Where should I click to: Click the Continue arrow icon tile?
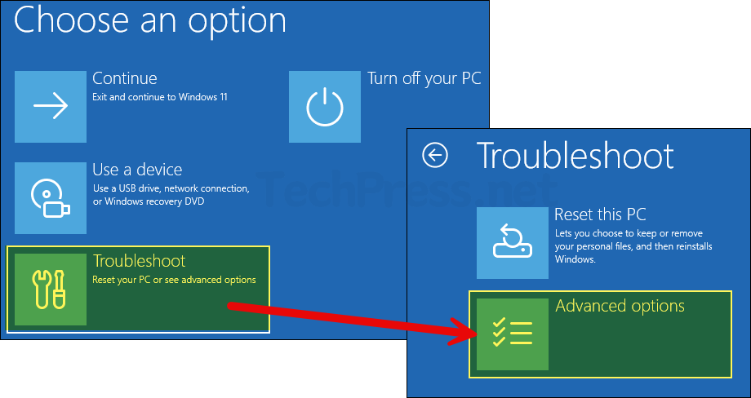50,107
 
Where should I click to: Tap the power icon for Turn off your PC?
324,107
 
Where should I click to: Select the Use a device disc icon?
50,198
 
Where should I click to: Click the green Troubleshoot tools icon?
50,290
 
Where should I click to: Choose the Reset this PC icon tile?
512,243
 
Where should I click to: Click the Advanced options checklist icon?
512,334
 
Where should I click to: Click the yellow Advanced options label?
620,306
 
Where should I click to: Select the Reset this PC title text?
600,215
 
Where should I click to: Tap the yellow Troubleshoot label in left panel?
139,261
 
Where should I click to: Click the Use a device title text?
137,170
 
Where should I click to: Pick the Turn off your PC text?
424,78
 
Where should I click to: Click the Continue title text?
124,78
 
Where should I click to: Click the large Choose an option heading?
150,20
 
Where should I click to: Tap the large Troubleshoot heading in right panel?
575,155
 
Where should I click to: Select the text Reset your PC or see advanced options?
174,280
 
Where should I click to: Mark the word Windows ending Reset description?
575,259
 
